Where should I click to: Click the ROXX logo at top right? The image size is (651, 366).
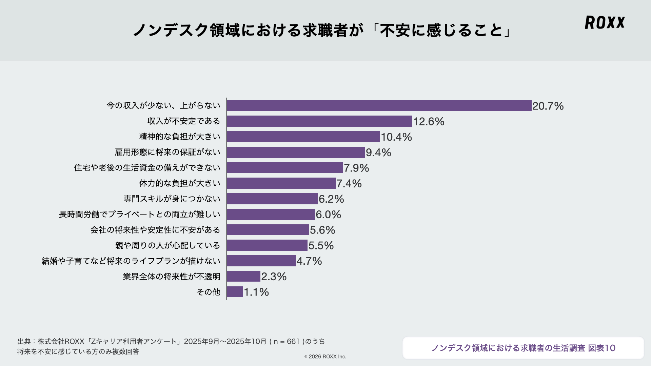[605, 22]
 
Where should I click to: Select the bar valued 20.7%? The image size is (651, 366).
[379, 106]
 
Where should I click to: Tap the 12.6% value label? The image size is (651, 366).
[429, 121]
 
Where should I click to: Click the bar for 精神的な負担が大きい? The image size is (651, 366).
[303, 137]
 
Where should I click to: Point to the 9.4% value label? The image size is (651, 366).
[378, 152]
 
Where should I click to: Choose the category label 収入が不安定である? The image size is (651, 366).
[183, 121]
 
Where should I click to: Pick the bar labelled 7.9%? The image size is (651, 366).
[285, 168]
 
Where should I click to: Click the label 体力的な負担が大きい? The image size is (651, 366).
[180, 183]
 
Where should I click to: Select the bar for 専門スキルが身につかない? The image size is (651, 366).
[272, 199]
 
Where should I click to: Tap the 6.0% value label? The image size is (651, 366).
[328, 215]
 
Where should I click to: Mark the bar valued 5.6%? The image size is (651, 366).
[268, 230]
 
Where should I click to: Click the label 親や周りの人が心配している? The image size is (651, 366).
[167, 245]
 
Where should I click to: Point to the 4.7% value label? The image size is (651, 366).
[309, 261]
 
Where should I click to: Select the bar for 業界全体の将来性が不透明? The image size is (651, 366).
[243, 277]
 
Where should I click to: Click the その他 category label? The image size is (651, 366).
[208, 292]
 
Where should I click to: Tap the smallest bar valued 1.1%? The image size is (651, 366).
[235, 292]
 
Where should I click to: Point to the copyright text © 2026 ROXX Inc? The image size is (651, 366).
[325, 357]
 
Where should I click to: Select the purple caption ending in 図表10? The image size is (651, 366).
[523, 348]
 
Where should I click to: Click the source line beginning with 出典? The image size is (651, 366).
[171, 342]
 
